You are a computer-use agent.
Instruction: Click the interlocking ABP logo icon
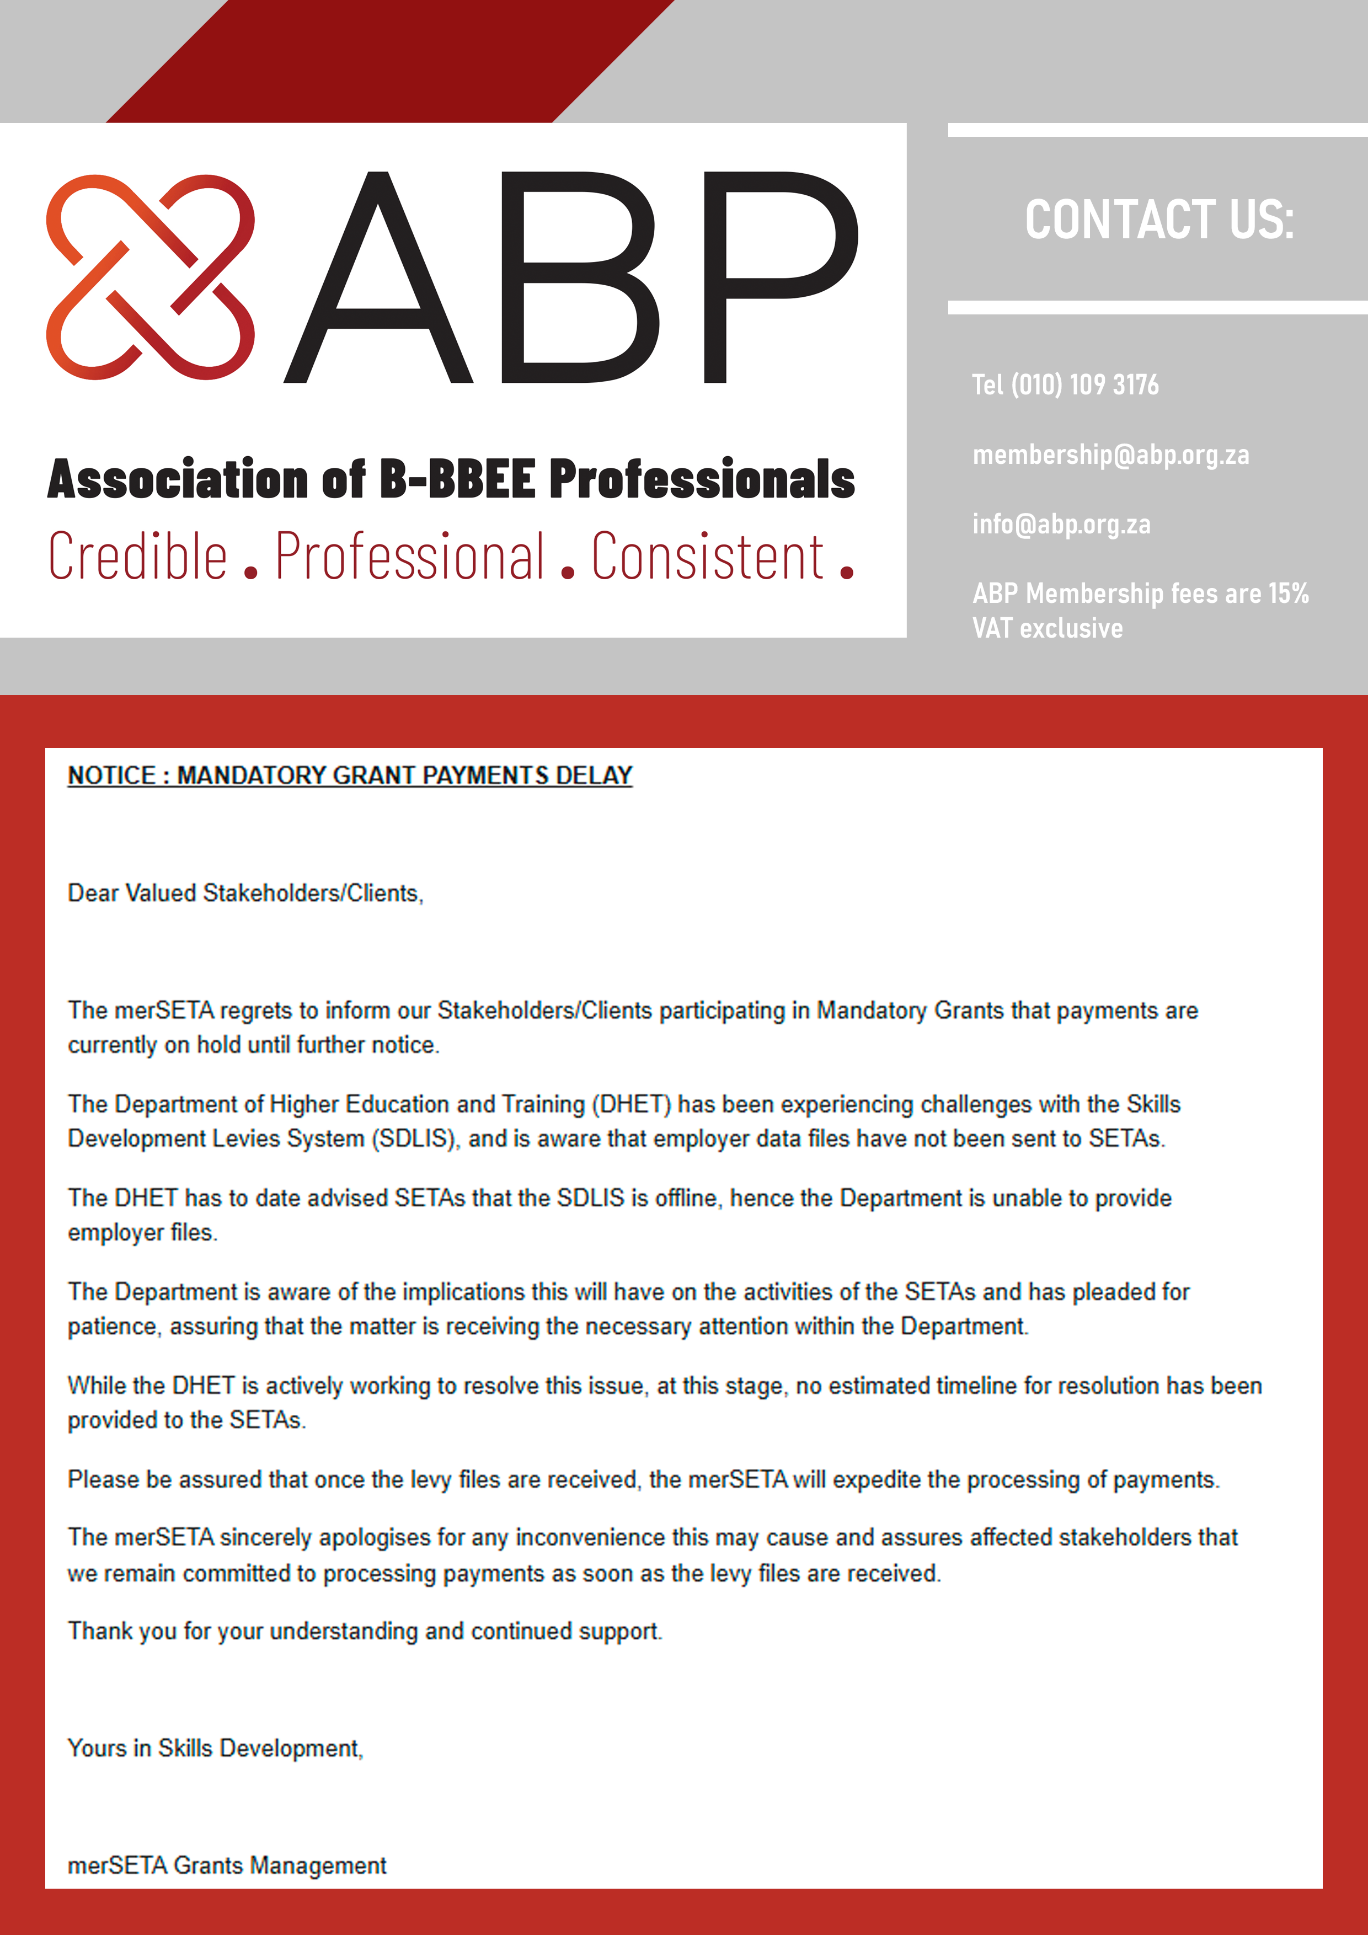[150, 277]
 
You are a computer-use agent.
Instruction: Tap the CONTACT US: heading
[1159, 220]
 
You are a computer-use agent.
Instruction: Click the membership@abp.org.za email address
[1110, 455]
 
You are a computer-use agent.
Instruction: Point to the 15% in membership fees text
[1288, 594]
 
